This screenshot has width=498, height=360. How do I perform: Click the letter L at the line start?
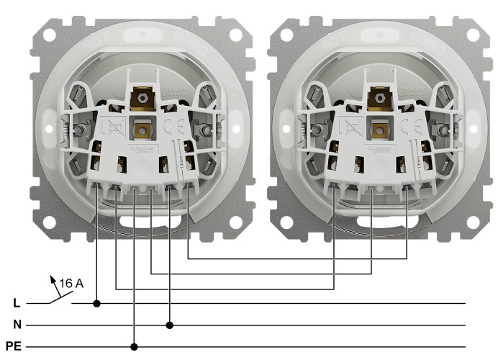[x=16, y=304]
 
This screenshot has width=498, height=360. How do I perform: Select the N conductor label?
[x=16, y=325]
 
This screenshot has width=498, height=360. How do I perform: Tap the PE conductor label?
[x=14, y=346]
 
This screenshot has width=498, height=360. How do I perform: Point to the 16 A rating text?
[x=72, y=283]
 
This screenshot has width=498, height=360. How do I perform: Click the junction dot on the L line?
[x=97, y=304]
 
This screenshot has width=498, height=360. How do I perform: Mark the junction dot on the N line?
[x=170, y=325]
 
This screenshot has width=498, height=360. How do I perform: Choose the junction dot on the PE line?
[x=135, y=346]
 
